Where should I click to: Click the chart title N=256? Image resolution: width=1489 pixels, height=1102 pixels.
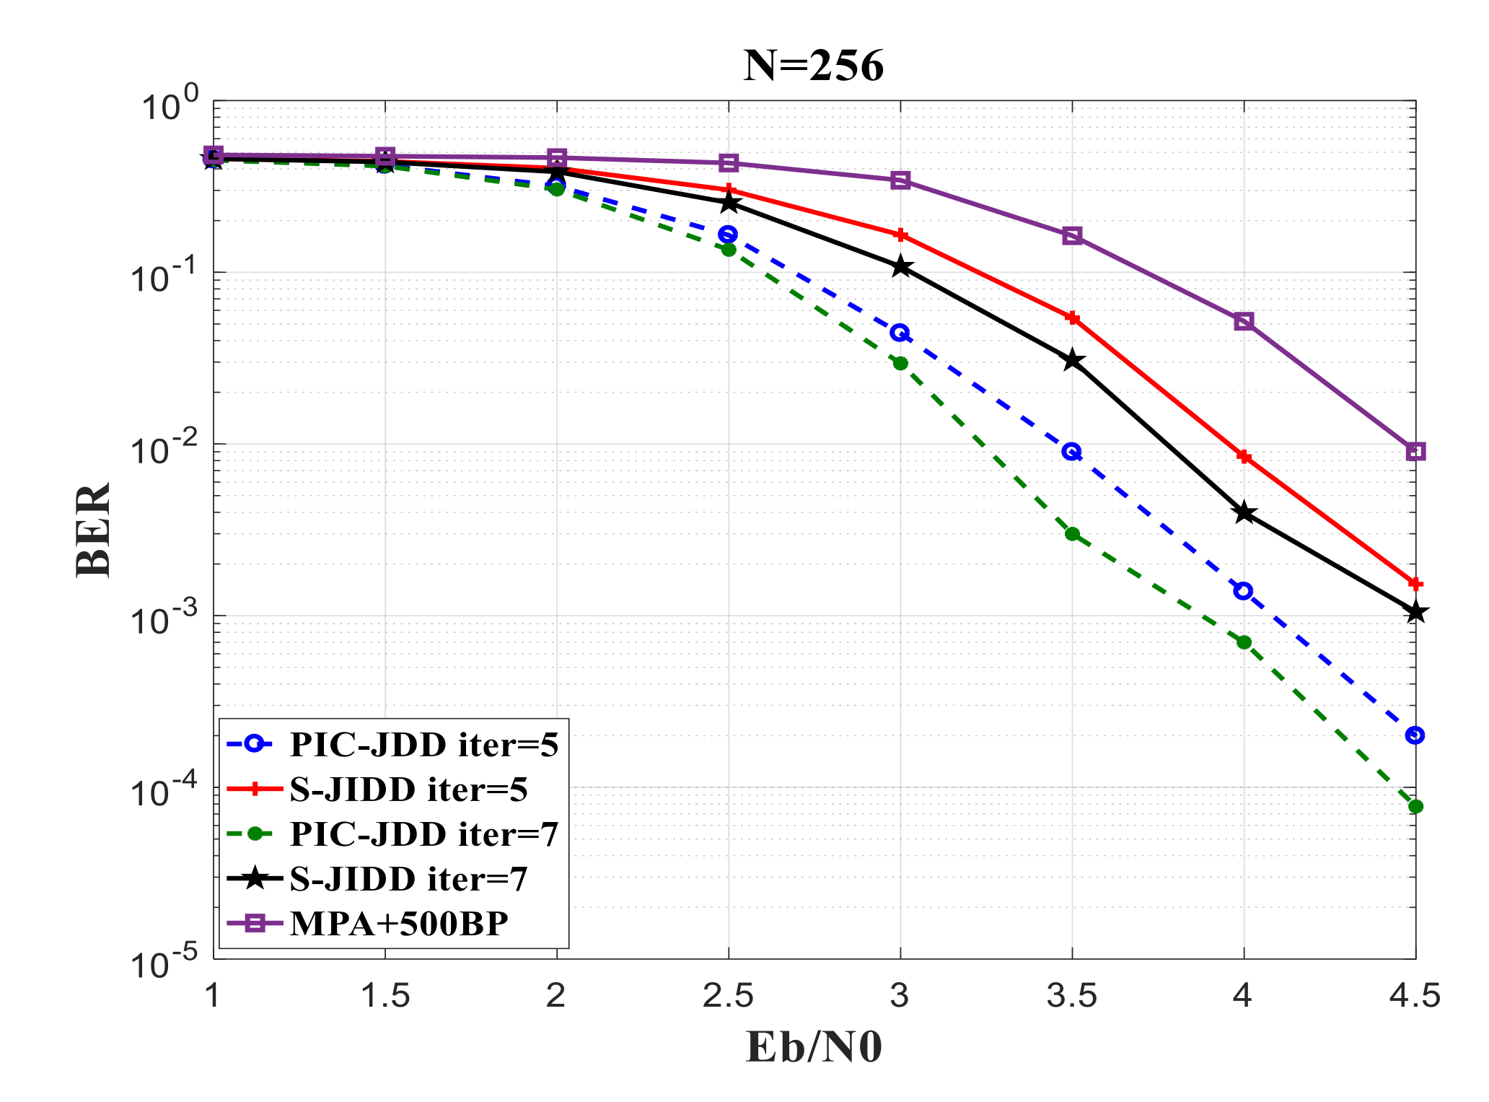tap(814, 66)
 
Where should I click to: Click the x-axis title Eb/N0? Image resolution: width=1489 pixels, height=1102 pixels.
tap(814, 1047)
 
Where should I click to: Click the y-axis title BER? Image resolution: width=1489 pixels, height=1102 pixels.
tap(93, 529)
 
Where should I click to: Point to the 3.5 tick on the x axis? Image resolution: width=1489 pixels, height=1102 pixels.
tap(1071, 997)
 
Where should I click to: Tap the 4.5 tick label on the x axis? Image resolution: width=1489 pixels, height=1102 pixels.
tap(1414, 997)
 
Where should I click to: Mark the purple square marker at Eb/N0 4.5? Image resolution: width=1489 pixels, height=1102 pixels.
tap(1415, 452)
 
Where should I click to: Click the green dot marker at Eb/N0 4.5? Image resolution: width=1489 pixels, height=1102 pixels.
tap(1415, 806)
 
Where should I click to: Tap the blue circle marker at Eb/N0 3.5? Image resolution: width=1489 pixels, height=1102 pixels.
tap(1072, 452)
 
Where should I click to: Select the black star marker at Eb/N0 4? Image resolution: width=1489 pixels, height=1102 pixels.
tap(1244, 513)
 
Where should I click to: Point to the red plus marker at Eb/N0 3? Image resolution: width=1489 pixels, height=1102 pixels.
tap(900, 235)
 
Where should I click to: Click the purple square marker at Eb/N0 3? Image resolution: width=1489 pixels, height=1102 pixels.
tap(900, 180)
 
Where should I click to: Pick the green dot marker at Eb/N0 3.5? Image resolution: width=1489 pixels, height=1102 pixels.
tap(1072, 534)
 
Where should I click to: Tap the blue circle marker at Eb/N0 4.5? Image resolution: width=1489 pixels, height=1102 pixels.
tap(1415, 735)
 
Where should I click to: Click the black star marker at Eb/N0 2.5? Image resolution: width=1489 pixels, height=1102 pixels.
tap(729, 203)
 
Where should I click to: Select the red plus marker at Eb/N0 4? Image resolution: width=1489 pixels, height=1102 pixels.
tap(1244, 456)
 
